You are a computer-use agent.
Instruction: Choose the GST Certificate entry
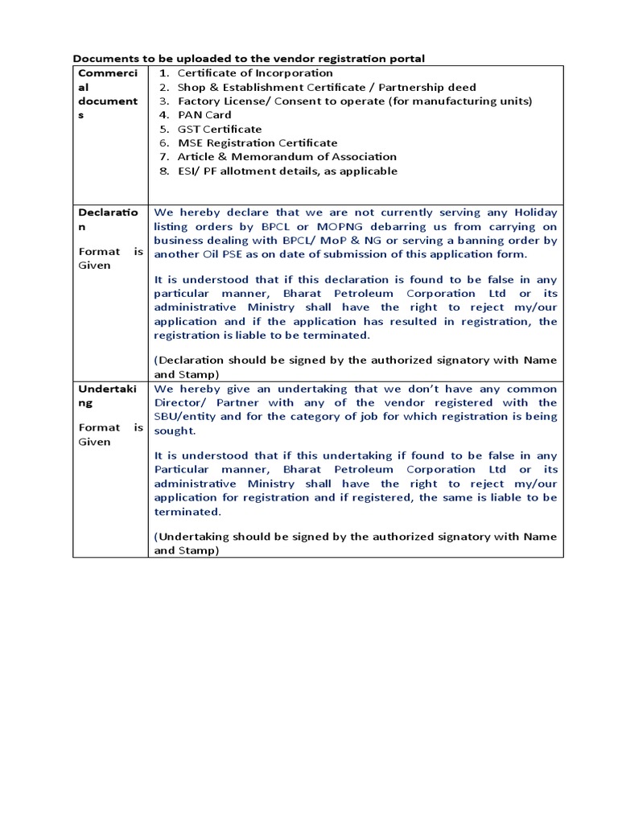[219, 129]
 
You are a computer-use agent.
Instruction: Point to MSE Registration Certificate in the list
[257, 142]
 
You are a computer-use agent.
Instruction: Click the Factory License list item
[354, 101]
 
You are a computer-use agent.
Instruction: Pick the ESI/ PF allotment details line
[287, 171]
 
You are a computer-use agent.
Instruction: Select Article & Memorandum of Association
[286, 157]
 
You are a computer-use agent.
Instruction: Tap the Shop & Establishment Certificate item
[327, 87]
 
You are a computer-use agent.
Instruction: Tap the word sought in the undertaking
[171, 431]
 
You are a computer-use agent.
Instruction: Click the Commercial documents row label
[109, 94]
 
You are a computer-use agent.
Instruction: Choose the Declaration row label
[109, 220]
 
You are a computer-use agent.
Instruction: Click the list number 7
[163, 157]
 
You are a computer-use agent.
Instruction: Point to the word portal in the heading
[406, 59]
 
